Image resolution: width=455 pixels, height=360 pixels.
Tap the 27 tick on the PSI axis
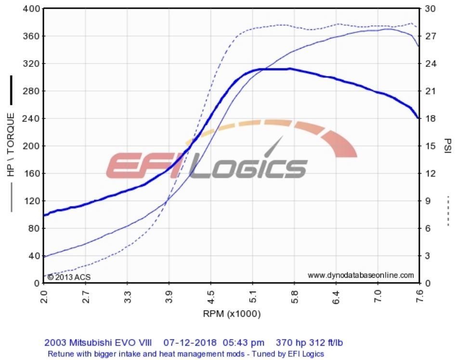click(429, 36)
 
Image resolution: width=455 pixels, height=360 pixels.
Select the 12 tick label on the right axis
click(429, 173)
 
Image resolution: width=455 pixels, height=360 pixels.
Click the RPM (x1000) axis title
click(232, 314)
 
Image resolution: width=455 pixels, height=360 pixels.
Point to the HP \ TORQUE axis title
click(11, 144)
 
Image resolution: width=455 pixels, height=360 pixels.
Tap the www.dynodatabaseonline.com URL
click(361, 275)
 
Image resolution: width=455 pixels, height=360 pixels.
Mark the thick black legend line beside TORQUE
click(11, 90)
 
